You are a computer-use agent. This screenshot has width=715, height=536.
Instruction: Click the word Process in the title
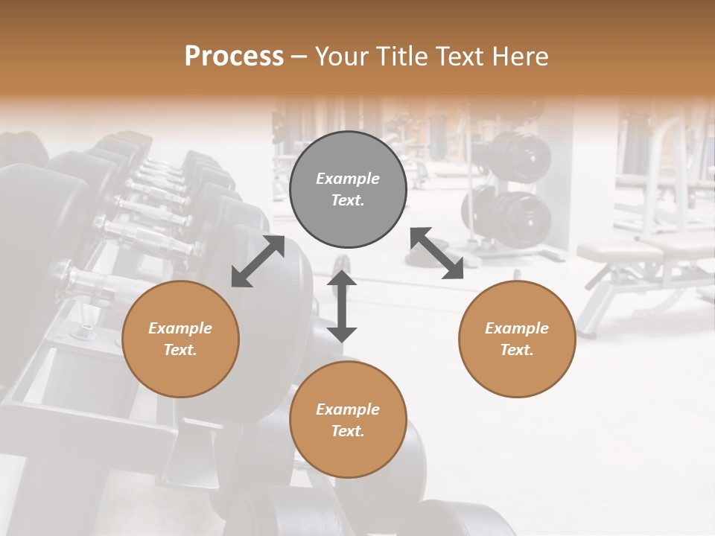tap(234, 57)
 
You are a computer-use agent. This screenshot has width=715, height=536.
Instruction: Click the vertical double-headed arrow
tap(342, 306)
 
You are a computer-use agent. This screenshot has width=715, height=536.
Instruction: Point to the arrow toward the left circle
tap(258, 261)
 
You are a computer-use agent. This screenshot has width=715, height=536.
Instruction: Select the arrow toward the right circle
tap(437, 253)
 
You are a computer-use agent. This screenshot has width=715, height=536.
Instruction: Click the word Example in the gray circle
tap(348, 179)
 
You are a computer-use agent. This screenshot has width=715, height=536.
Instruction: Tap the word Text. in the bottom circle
tap(348, 431)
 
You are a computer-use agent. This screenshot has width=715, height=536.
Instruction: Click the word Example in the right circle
tap(517, 328)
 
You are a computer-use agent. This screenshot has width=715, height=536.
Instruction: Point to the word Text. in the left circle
tap(180, 350)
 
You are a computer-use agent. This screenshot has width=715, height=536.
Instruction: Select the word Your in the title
tap(339, 57)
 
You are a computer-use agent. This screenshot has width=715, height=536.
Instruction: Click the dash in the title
tap(299, 57)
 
